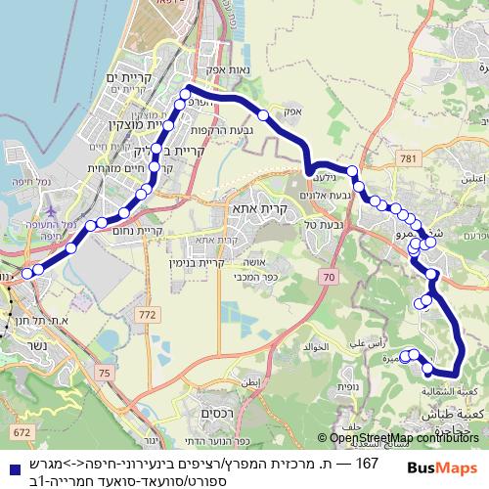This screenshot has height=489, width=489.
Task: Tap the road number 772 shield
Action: [147, 314]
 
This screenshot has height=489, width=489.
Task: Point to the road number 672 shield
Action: [21, 430]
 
